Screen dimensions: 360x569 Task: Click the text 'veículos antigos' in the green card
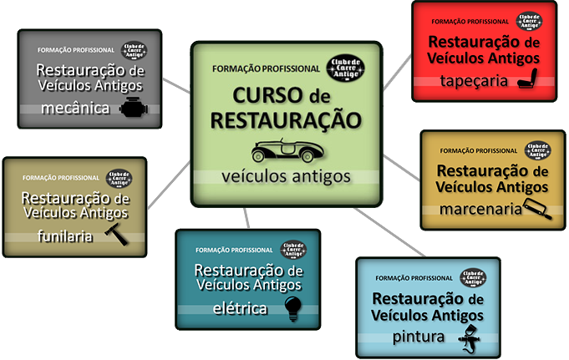[287, 177]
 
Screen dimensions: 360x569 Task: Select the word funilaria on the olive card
[65, 236]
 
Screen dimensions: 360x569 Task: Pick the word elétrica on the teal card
[239, 308]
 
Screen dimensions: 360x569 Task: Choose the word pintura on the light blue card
[420, 337]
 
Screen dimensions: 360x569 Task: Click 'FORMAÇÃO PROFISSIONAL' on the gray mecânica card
[76, 49]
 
